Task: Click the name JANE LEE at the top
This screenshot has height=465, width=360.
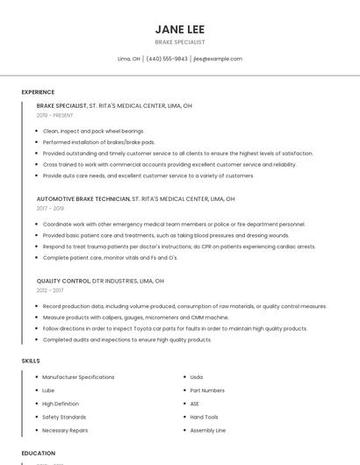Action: pyautogui.click(x=180, y=29)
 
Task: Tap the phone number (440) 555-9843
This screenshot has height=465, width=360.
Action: pyautogui.click(x=167, y=59)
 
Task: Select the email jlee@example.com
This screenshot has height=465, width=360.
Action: pyautogui.click(x=217, y=59)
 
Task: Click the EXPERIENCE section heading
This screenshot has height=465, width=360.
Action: pyautogui.click(x=38, y=92)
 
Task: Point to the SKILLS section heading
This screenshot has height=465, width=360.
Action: pyautogui.click(x=31, y=361)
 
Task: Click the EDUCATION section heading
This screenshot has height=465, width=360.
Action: pyautogui.click(x=38, y=453)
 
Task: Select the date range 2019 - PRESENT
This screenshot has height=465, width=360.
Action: pyautogui.click(x=55, y=115)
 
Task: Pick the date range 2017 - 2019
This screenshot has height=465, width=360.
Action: pyautogui.click(x=50, y=208)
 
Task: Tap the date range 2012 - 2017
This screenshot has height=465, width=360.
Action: pyautogui.click(x=50, y=290)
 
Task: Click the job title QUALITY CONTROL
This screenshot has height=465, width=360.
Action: pyautogui.click(x=63, y=281)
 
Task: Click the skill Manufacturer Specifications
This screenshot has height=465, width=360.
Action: pyautogui.click(x=78, y=377)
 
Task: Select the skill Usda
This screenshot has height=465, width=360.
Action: pyautogui.click(x=197, y=377)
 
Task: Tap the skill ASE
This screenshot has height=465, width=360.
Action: pyautogui.click(x=195, y=404)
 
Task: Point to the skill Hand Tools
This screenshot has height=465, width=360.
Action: pyautogui.click(x=204, y=417)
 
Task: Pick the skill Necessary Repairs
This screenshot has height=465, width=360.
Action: pyautogui.click(x=65, y=431)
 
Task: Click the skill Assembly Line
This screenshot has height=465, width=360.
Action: pyautogui.click(x=208, y=431)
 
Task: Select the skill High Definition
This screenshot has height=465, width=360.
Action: pyautogui.click(x=61, y=404)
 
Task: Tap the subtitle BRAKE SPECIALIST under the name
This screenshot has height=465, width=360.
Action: pyautogui.click(x=180, y=41)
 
